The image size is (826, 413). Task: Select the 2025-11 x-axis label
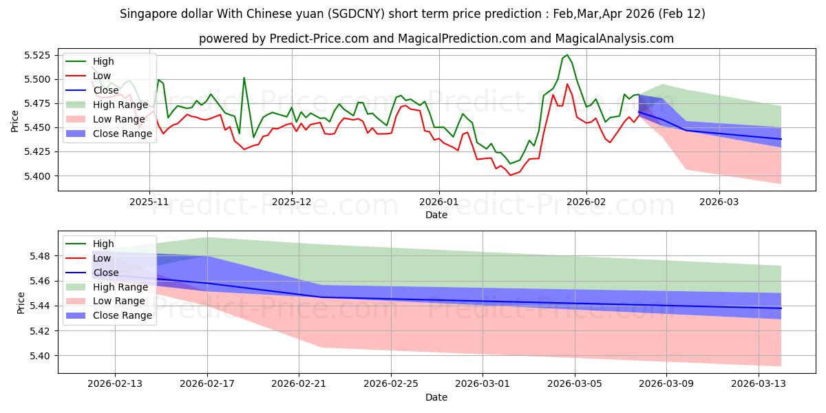click(149, 202)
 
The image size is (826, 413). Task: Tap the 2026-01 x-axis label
click(438, 202)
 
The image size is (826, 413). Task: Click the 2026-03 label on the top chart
click(719, 202)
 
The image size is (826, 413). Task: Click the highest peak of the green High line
click(566, 55)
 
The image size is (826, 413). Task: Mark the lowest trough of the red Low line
click(510, 176)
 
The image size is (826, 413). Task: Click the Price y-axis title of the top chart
click(14, 120)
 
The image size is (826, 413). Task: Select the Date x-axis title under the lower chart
click(436, 397)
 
